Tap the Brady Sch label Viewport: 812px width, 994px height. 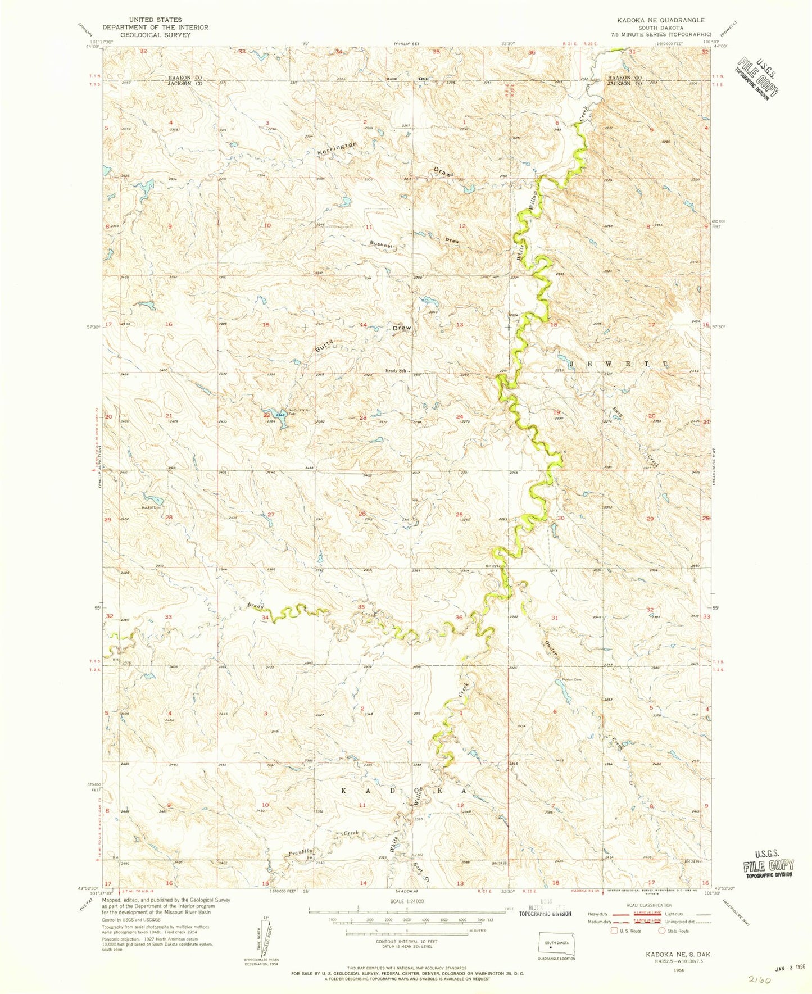click(x=395, y=370)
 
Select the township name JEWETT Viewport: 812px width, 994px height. click(x=618, y=364)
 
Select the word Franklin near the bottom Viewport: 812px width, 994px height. click(x=300, y=852)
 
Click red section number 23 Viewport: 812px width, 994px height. click(x=363, y=417)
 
